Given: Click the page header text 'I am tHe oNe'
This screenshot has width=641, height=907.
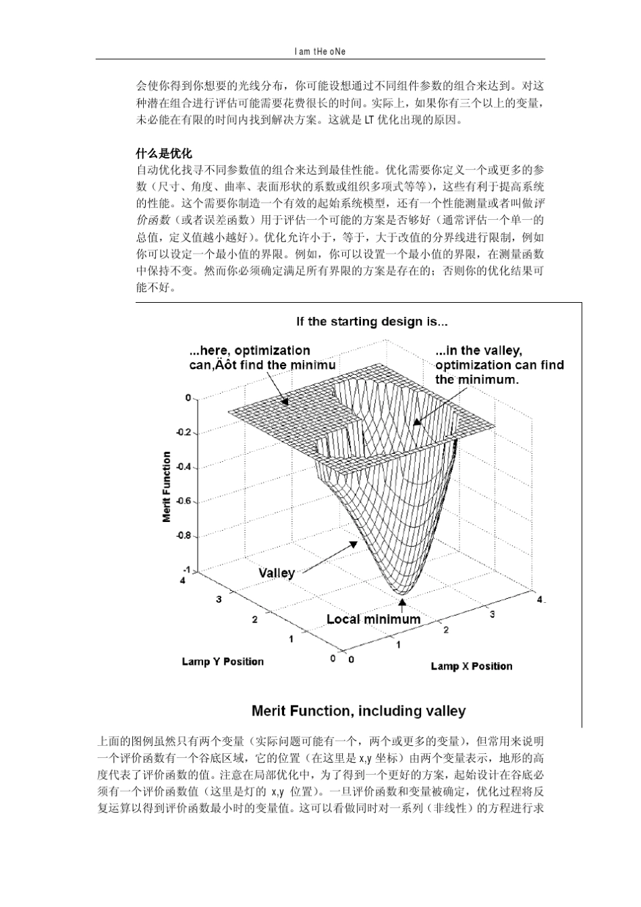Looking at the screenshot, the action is pyautogui.click(x=320, y=51).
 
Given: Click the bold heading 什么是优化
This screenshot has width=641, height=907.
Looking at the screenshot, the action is pyautogui.click(x=164, y=153).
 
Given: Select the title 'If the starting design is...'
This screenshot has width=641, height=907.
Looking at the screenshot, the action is pyautogui.click(x=372, y=322).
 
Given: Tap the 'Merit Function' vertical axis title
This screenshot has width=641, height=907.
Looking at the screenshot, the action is pyautogui.click(x=167, y=487).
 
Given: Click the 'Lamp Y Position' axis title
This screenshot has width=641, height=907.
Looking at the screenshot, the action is pyautogui.click(x=223, y=662).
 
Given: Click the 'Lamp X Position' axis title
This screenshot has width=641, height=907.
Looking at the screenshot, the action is pyautogui.click(x=472, y=666).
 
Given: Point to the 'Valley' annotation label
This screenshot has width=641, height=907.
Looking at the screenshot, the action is pyautogui.click(x=277, y=573).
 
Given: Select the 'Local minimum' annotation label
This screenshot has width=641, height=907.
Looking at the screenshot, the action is pyautogui.click(x=373, y=619).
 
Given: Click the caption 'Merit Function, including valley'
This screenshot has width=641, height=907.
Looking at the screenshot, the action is pyautogui.click(x=358, y=711).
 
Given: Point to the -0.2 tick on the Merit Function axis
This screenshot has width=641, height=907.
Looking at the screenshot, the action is pyautogui.click(x=184, y=432).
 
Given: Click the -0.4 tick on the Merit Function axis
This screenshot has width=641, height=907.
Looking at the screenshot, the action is pyautogui.click(x=184, y=467).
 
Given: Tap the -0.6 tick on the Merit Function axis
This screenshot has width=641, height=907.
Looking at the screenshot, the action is pyautogui.click(x=184, y=501).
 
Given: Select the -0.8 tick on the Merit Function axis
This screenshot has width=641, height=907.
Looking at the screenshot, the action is pyautogui.click(x=184, y=536).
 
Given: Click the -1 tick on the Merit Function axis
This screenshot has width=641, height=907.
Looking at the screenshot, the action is pyautogui.click(x=187, y=570).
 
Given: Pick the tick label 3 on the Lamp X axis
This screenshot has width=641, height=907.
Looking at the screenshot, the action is pyautogui.click(x=492, y=614).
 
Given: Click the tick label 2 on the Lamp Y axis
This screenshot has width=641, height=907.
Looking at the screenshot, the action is pyautogui.click(x=254, y=619).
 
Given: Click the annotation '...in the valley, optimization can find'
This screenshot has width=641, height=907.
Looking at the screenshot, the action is pyautogui.click(x=499, y=357).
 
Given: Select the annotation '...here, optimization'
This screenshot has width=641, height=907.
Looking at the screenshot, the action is pyautogui.click(x=250, y=351).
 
